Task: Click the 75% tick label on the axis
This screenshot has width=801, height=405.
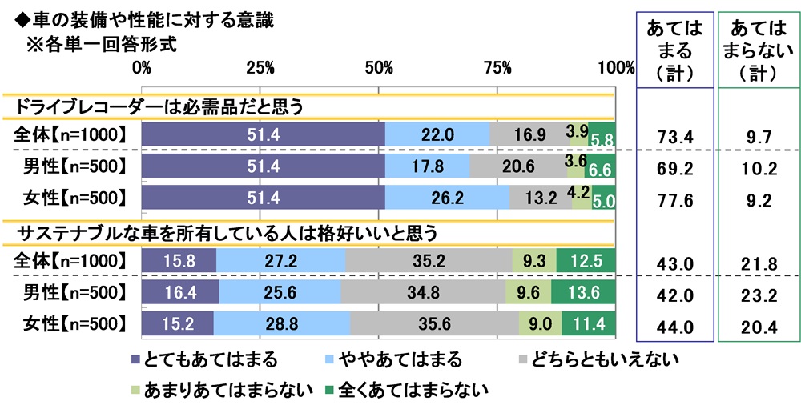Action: (x=497, y=68)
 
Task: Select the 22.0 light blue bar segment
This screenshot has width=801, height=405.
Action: (x=437, y=136)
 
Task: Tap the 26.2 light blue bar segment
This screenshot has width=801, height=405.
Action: (x=447, y=197)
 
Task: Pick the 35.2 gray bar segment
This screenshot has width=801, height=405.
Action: (x=429, y=261)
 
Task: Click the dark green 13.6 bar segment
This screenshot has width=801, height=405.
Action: (x=582, y=292)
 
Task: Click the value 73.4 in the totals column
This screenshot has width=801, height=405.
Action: (x=674, y=137)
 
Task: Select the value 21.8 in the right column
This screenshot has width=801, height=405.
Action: (x=756, y=262)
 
